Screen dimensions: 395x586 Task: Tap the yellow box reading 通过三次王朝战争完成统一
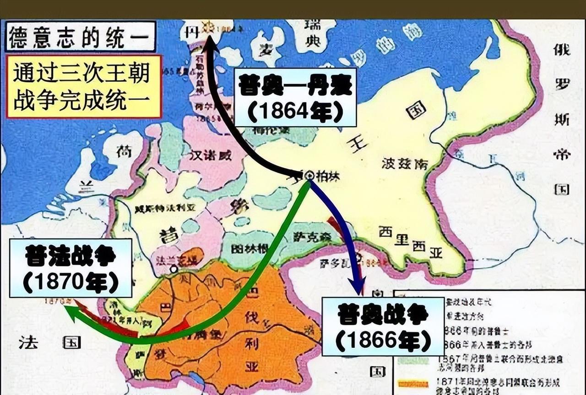click(83, 87)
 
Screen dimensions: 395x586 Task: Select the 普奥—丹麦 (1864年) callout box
click(295, 97)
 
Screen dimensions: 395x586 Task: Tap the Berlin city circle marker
click(309, 175)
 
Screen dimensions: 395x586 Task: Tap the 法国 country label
click(49, 342)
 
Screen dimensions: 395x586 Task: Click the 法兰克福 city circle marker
click(174, 269)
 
